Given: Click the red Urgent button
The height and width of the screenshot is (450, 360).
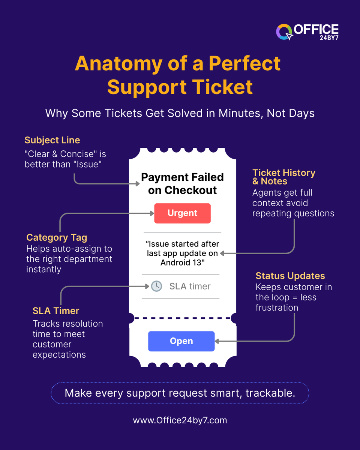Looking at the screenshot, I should [x=182, y=213].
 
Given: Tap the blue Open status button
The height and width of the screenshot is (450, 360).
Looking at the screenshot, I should [x=181, y=341].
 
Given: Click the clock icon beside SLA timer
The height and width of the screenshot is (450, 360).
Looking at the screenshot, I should [x=156, y=286].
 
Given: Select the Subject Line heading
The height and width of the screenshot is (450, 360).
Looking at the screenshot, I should [x=52, y=140].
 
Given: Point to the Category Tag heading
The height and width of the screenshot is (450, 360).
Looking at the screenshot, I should [x=57, y=237].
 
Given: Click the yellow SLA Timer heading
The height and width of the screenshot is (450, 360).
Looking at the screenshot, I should [x=56, y=310].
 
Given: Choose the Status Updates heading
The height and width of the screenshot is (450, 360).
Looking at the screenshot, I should [x=290, y=276].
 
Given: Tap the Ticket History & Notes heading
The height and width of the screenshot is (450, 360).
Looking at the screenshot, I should [x=283, y=177].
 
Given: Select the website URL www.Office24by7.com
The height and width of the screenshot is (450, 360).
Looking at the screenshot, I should [x=180, y=420].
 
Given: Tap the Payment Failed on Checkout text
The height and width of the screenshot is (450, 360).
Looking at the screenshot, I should [x=182, y=184].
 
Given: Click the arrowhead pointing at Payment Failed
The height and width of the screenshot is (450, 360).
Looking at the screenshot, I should [x=137, y=184].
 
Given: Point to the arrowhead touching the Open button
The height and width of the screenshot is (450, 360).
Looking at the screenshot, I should [x=217, y=341].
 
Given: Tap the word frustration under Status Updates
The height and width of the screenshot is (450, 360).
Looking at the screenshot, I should [x=277, y=307].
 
